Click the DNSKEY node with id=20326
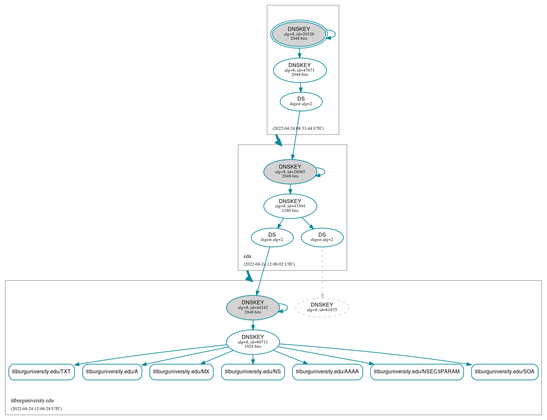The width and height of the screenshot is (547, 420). [299, 34]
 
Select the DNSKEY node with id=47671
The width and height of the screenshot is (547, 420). [300, 70]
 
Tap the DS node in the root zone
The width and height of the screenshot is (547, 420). [301, 102]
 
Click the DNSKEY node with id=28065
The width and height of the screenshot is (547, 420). [290, 172]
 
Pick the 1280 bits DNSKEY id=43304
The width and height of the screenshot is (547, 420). [290, 206]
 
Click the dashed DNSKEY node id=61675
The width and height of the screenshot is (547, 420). [322, 308]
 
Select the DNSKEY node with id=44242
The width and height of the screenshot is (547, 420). [253, 308]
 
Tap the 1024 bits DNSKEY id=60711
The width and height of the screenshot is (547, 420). [253, 342]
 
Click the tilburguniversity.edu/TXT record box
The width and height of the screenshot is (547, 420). [41, 372]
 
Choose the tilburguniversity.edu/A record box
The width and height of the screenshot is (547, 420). [112, 372]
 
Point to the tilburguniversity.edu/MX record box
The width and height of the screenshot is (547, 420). [181, 372]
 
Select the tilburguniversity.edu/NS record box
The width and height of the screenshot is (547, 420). [253, 372]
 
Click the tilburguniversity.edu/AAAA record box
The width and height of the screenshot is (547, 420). [327, 372]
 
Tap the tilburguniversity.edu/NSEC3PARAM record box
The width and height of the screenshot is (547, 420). [417, 372]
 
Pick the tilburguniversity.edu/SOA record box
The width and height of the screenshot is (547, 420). [505, 372]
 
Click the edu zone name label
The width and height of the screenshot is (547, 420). [247, 256]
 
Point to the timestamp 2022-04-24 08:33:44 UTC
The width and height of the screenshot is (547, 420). [298, 128]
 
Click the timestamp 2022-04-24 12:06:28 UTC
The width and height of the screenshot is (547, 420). [36, 409]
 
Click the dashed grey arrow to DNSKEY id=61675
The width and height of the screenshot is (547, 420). [322, 273]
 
